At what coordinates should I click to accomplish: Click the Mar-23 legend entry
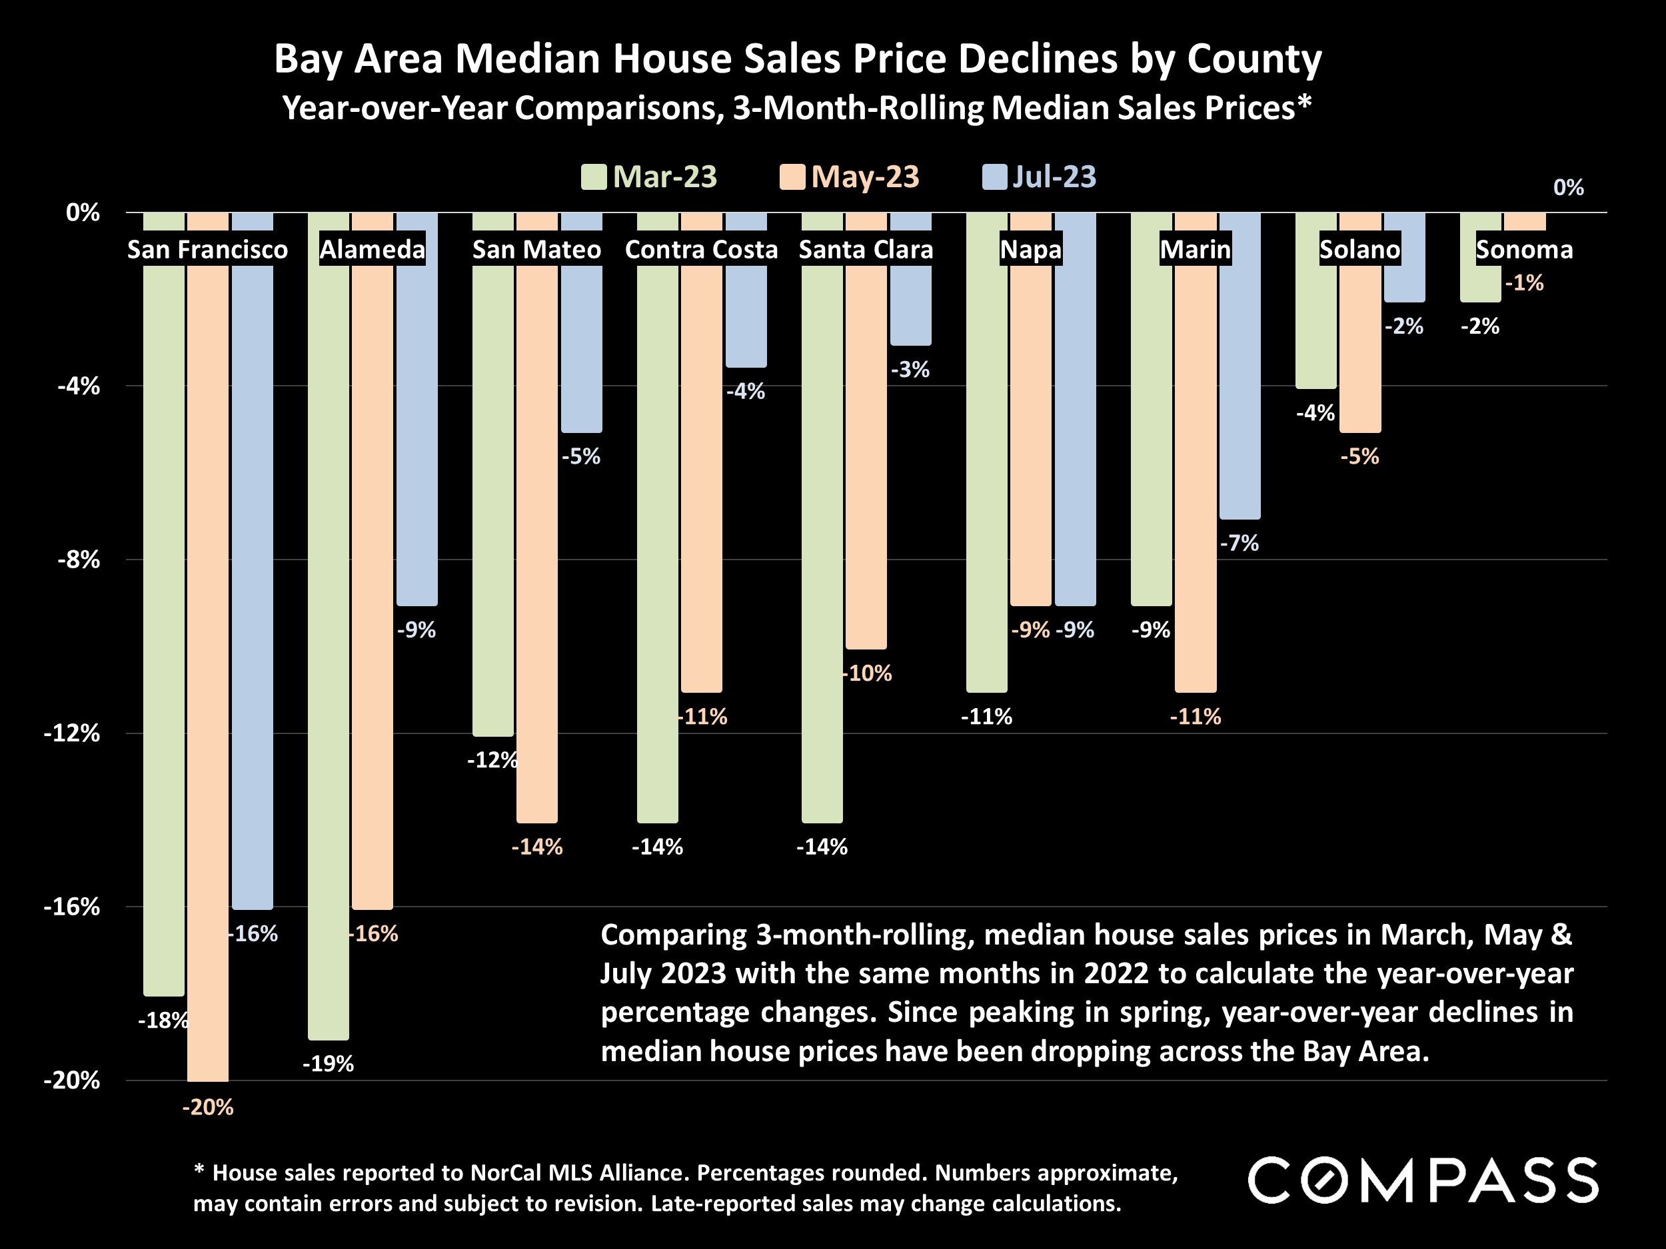point(649,177)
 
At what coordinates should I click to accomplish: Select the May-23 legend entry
point(850,177)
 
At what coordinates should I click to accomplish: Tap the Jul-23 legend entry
point(1040,177)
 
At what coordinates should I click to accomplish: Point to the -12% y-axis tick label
point(71,733)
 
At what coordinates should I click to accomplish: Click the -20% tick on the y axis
point(71,1080)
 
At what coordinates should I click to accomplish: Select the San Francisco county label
point(207,249)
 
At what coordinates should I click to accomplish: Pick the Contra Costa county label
point(701,249)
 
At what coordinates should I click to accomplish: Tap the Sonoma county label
point(1525,249)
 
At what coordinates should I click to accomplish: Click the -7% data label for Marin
point(1240,543)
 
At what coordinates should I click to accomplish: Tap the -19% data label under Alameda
point(329,1064)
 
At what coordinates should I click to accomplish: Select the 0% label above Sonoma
point(1568,187)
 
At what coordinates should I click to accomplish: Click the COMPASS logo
point(1422,1180)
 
